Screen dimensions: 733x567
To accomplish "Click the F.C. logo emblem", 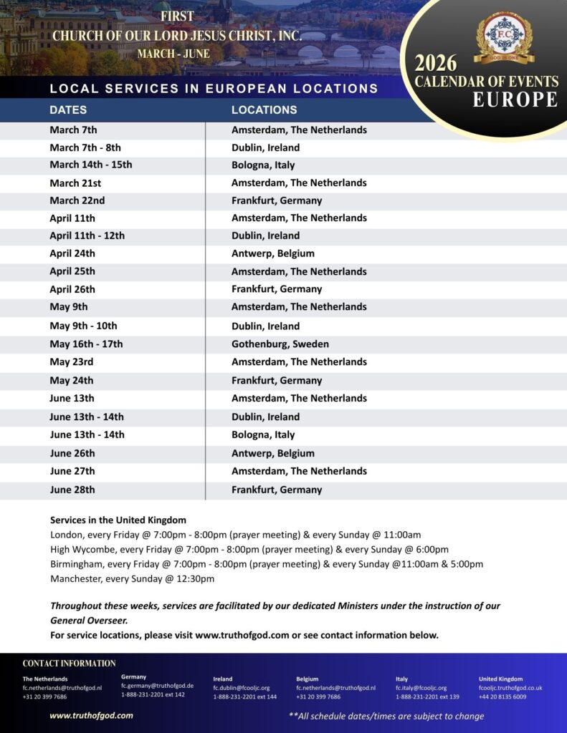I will tap(503, 37).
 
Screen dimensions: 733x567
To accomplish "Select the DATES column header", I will tap(68, 110).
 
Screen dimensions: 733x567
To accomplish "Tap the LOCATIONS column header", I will tap(264, 110).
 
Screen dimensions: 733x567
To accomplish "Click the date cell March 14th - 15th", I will tap(91, 165).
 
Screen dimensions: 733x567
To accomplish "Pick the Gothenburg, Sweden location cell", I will tap(280, 344).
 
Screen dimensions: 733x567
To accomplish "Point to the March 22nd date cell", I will tap(77, 200).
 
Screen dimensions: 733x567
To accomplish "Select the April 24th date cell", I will tap(72, 253).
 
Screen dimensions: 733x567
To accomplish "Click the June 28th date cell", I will tap(72, 490).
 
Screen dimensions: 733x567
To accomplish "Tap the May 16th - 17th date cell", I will tap(86, 344).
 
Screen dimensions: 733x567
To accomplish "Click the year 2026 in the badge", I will tap(436, 64).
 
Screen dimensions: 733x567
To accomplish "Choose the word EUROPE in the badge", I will tap(515, 99).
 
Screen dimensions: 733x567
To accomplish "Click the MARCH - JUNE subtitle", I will tap(175, 54).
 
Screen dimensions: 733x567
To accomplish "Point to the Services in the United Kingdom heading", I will tap(118, 520).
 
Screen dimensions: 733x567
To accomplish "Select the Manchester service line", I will tap(132, 578).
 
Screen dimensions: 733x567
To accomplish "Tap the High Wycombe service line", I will tap(249, 549).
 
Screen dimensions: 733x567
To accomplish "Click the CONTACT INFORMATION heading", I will tap(69, 664).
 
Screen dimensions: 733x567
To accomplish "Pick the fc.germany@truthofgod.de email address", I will tap(157, 686).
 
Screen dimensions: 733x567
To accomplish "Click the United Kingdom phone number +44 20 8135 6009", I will tap(502, 696).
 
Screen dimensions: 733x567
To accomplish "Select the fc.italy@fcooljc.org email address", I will tap(421, 688).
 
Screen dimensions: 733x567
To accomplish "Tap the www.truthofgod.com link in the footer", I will tap(91, 715).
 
